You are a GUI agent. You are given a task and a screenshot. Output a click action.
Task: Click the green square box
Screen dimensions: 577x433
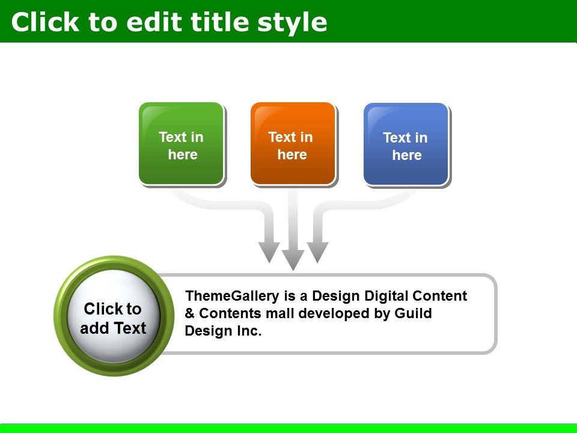click(181, 143)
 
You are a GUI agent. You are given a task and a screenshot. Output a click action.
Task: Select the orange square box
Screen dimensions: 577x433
click(293, 143)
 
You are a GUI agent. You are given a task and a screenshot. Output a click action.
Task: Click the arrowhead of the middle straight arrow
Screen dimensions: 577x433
click(293, 260)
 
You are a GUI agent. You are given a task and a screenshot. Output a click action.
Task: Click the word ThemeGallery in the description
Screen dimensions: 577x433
click(232, 296)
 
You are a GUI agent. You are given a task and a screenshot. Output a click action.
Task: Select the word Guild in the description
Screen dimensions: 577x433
click(413, 313)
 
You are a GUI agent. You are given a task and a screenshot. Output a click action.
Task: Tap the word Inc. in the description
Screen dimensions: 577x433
click(249, 331)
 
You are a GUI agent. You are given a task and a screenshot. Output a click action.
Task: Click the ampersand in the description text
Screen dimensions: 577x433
click(189, 314)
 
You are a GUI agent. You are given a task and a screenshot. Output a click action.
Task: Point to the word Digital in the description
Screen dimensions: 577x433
click(386, 296)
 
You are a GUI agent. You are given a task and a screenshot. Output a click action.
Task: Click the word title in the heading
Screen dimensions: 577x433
click(221, 22)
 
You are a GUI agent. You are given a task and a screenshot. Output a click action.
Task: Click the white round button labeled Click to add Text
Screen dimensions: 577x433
click(114, 316)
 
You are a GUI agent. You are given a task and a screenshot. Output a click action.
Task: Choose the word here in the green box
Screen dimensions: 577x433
click(183, 155)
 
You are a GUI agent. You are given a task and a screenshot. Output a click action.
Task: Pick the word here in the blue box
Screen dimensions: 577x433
click(407, 155)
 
